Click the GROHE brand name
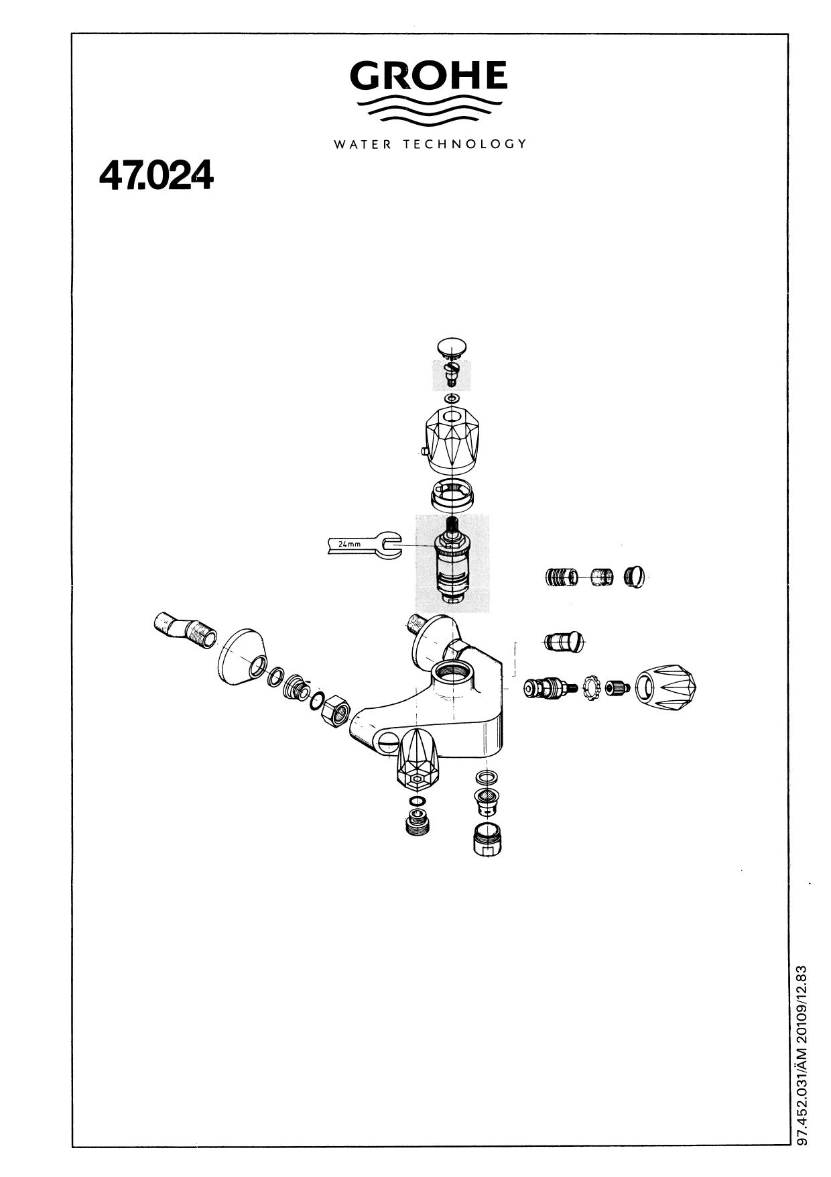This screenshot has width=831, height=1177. [428, 76]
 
